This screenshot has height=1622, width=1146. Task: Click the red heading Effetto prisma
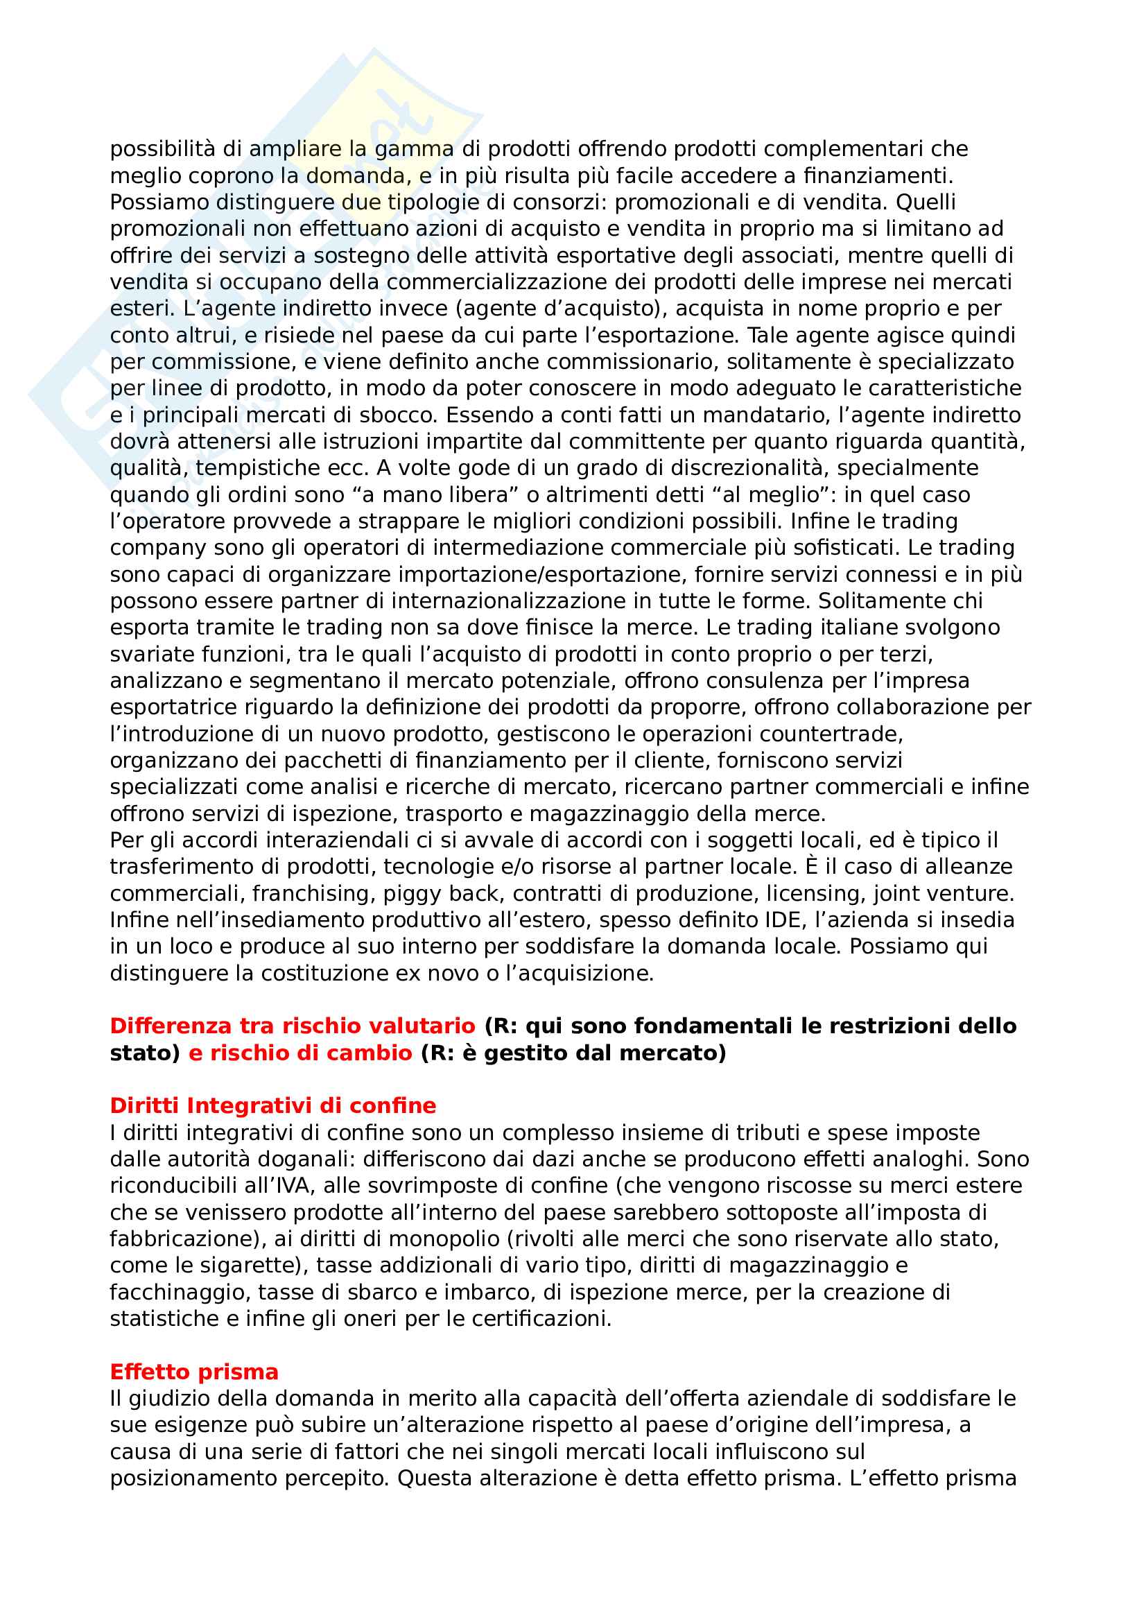[x=194, y=1372]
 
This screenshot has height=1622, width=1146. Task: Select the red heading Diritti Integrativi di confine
[x=272, y=1105]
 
